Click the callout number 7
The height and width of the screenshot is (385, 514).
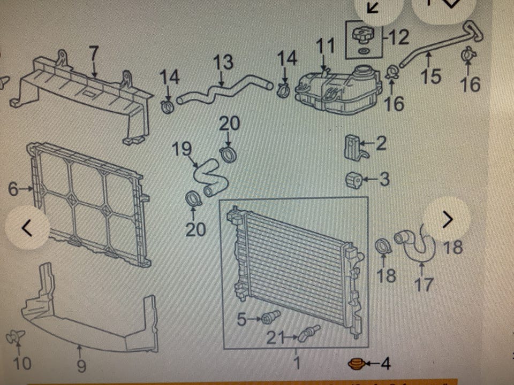point(94,53)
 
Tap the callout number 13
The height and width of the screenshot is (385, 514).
point(223,63)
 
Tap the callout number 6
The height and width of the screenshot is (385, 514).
point(13,189)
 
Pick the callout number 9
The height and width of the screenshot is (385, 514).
point(80,366)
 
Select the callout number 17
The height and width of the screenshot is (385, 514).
point(424,284)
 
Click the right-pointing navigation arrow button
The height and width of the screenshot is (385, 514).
point(447,219)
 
